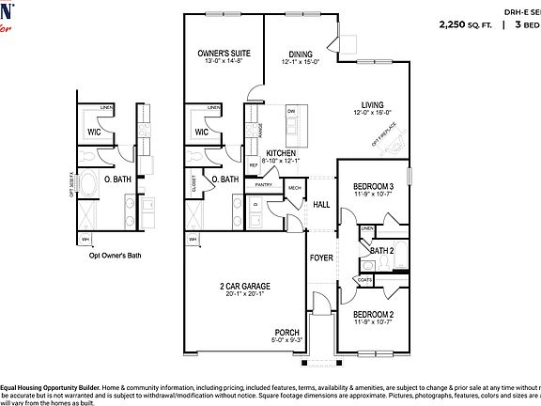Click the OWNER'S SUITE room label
[222, 54]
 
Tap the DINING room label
[301, 54]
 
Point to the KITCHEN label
[282, 152]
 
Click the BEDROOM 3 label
[373, 186]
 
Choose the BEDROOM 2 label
[373, 314]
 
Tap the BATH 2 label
[381, 251]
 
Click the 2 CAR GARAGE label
[246, 285]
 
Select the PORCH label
[286, 333]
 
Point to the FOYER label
[322, 254]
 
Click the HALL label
[321, 203]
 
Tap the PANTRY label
[263, 185]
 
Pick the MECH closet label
[294, 187]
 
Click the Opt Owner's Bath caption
[115, 255]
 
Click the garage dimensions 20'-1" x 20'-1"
[246, 294]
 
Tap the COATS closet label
[364, 278]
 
